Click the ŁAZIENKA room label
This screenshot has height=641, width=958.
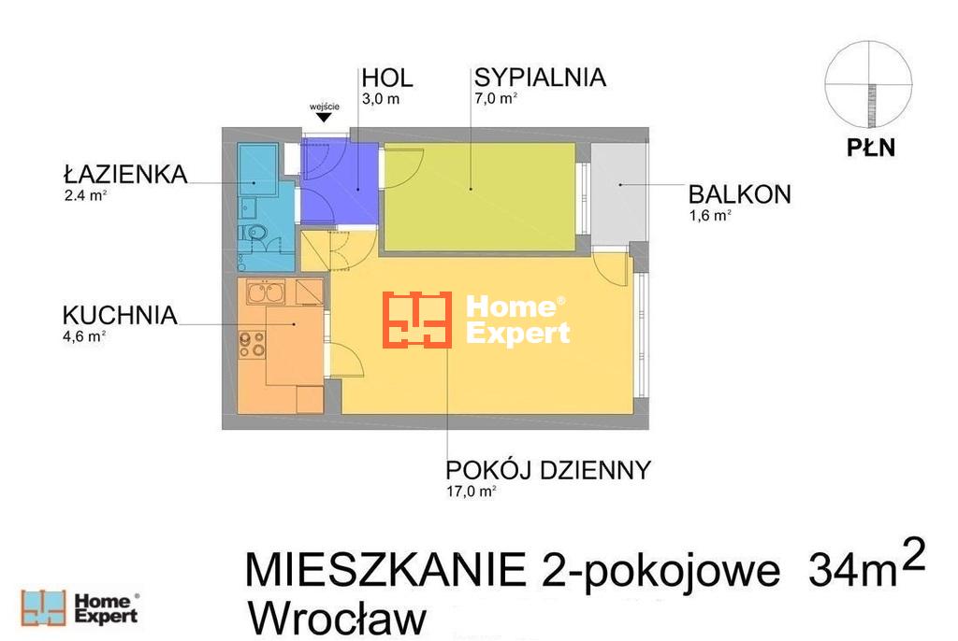point(125,175)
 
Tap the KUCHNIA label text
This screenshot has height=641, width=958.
point(120,316)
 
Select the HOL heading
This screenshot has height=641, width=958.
point(387,78)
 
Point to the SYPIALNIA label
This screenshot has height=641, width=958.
point(540,78)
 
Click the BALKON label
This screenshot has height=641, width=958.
point(740,194)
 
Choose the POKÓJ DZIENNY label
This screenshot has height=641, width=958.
point(548,471)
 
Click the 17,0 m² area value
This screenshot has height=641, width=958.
point(472,491)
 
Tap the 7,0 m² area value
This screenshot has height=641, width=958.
point(496,98)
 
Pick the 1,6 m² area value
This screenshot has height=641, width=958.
point(711,216)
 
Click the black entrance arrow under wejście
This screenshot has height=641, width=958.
point(324,117)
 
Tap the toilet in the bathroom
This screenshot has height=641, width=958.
point(253,233)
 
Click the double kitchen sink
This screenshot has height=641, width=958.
point(265,292)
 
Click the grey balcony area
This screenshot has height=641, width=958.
point(619,192)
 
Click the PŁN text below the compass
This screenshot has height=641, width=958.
point(871,149)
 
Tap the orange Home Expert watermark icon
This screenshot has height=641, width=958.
point(417,320)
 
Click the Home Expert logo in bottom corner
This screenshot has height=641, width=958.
point(80,608)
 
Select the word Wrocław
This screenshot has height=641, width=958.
point(337,619)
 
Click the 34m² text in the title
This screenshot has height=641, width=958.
point(866,565)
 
